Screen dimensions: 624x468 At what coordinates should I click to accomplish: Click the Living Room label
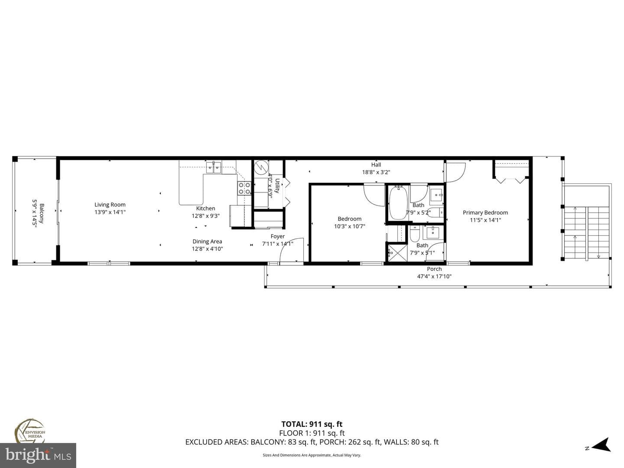[110, 205]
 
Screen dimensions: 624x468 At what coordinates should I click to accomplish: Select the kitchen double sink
[214, 168]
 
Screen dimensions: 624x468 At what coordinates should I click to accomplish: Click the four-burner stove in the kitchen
[244, 188]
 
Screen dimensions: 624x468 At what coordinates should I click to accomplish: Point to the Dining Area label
[207, 241]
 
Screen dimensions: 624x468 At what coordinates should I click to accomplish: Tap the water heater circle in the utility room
[261, 168]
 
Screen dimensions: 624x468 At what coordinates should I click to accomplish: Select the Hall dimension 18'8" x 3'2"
[376, 172]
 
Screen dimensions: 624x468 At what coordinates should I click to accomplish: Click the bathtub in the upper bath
[398, 203]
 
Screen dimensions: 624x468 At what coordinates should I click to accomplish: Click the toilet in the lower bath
[415, 234]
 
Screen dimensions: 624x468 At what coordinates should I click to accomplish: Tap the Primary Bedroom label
[485, 212]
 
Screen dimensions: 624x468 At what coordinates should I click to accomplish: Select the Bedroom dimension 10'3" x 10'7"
[349, 227]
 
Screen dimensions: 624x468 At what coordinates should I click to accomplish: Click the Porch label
[434, 269]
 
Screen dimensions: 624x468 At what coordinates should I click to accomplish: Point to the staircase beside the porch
[586, 232]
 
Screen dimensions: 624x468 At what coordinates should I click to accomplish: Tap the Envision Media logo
[30, 432]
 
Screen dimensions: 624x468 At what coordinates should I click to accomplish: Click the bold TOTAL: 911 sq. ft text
[312, 424]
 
